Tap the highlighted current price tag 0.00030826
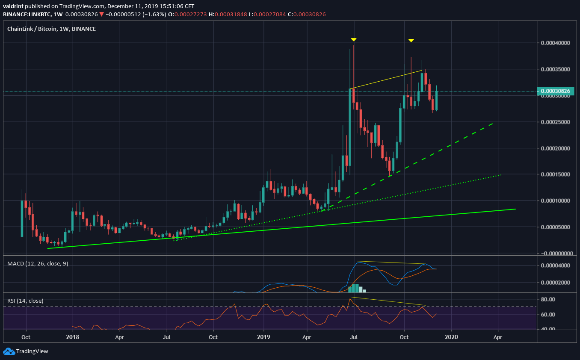554,91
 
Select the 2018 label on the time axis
73,337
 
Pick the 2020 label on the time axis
451,337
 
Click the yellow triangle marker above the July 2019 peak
354,40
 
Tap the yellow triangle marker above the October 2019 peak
411,41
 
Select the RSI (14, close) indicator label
25,301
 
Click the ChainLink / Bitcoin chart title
51,29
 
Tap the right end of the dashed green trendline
493,123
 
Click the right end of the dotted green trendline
501,174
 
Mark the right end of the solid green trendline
515,209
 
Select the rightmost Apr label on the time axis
497,337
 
